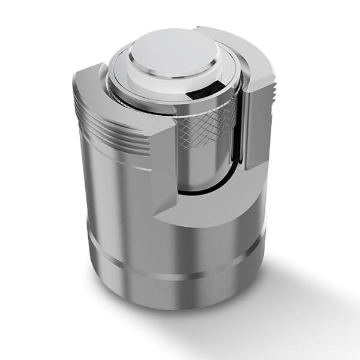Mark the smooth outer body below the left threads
pyautogui.click(x=120, y=192)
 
